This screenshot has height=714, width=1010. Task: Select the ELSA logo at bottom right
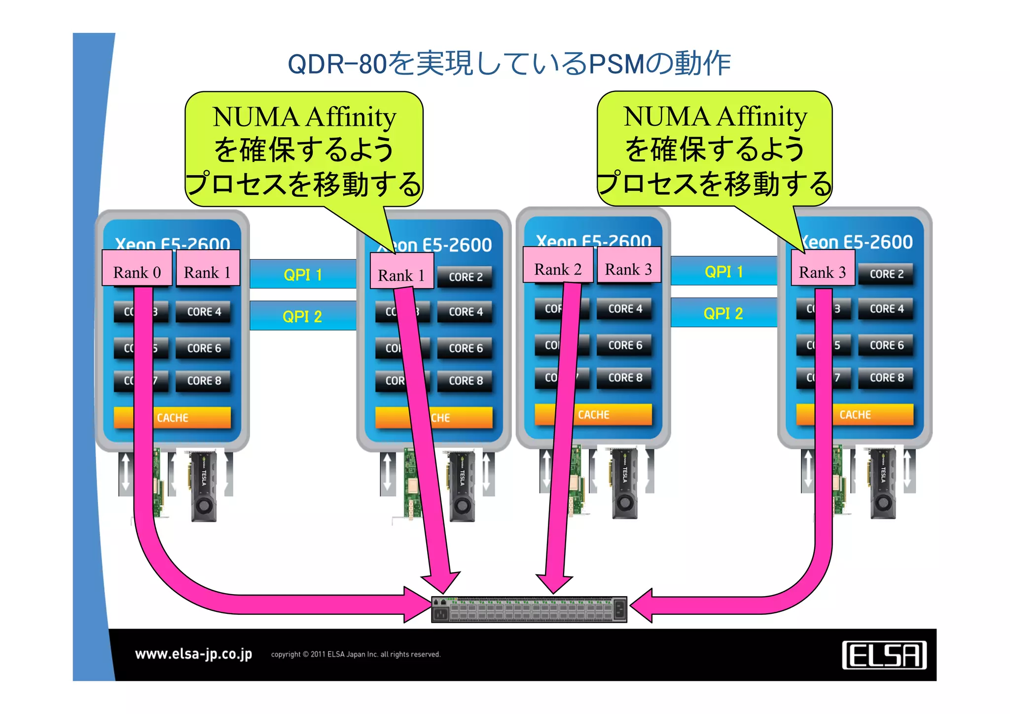pos(884,655)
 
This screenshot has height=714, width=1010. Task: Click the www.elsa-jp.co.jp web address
pos(193,654)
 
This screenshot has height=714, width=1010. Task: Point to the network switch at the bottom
pos(529,609)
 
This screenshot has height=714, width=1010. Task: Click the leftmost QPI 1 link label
pos(303,274)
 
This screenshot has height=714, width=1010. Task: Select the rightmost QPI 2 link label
pos(723,313)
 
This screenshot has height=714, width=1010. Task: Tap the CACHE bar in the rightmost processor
pos(855,414)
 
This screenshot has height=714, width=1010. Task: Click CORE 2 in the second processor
pos(465,277)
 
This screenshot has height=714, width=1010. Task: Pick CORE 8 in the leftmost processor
pos(204,381)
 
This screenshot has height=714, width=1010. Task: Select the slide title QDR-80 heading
pos(509,64)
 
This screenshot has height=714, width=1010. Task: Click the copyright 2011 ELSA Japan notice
pos(356,654)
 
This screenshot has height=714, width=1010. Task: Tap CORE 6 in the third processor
pos(625,345)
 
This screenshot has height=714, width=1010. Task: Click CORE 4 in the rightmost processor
pos(886,309)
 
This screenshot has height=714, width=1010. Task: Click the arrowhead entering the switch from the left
pos(417,604)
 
